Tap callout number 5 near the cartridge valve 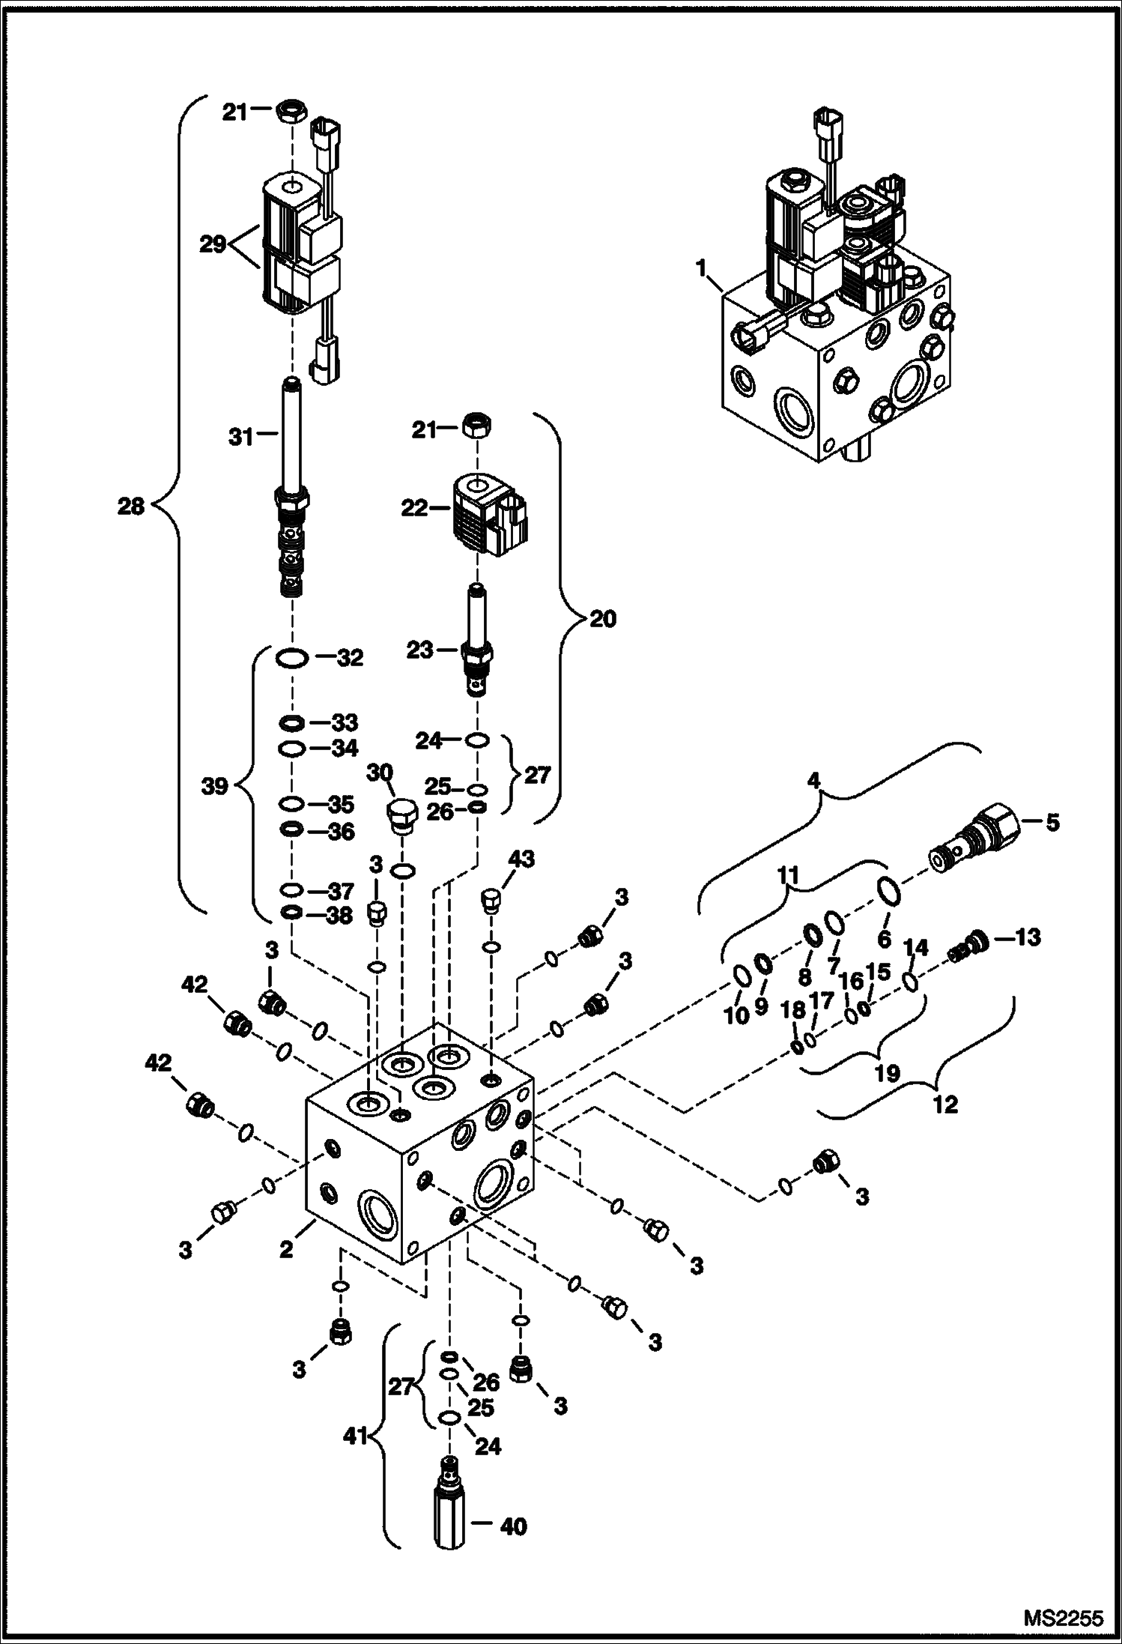coord(1052,823)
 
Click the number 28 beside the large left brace coord(131,507)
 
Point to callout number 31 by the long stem coord(241,437)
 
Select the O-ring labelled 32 coord(291,659)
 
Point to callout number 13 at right coord(1028,937)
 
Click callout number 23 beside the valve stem coord(420,650)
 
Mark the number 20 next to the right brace coord(603,619)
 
